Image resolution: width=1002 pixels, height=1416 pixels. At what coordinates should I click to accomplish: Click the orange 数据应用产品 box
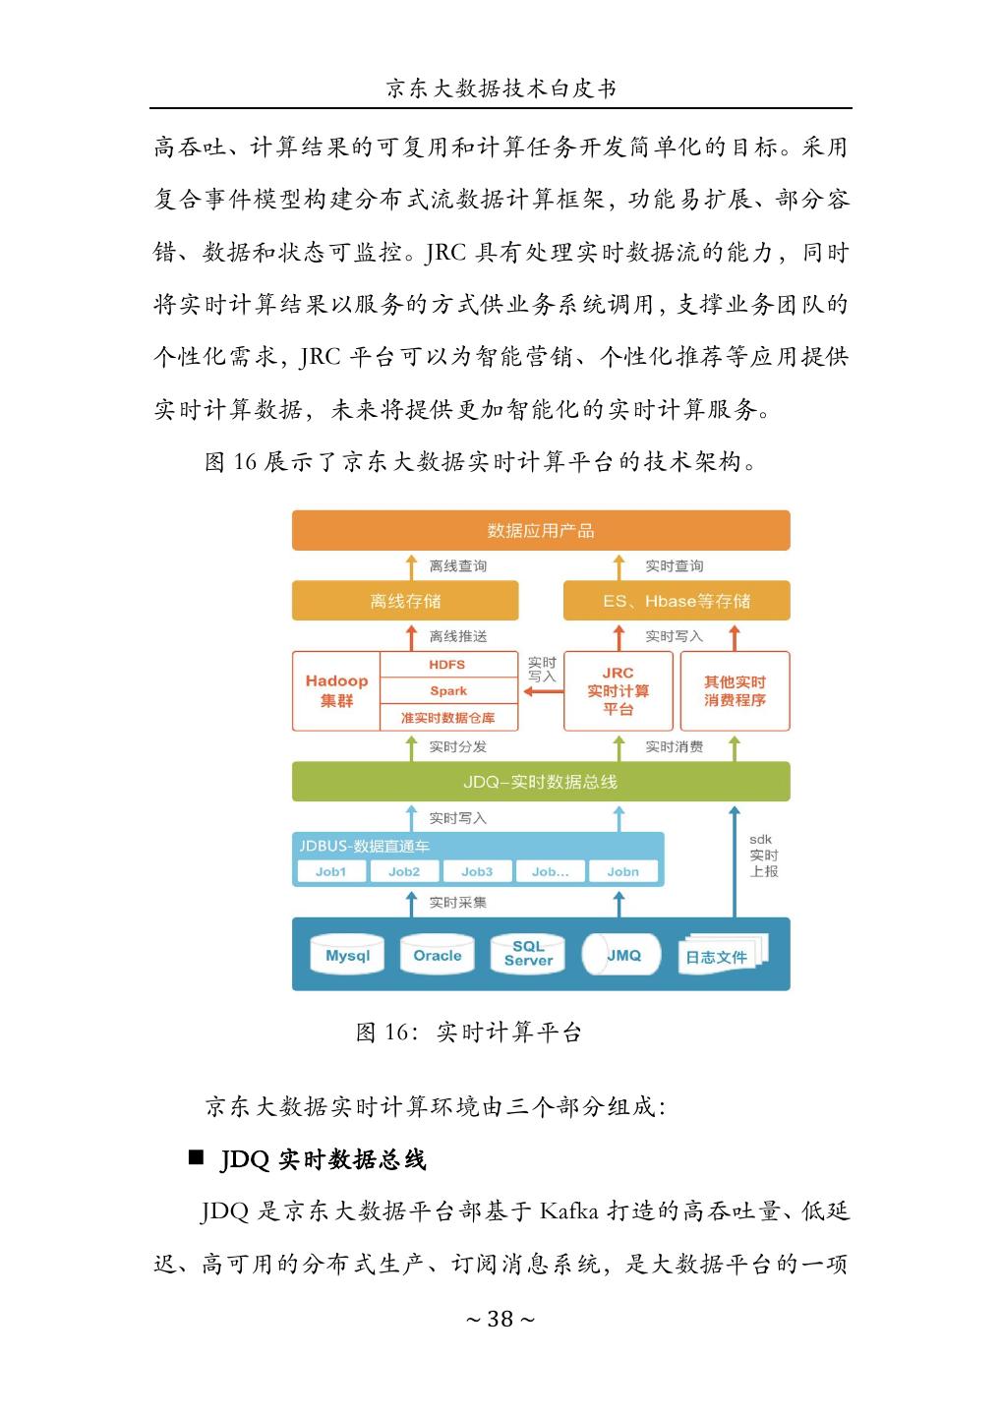(x=541, y=530)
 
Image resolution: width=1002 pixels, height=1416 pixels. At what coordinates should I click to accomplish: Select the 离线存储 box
(x=405, y=601)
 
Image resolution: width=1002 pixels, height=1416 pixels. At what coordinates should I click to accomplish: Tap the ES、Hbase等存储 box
(x=676, y=601)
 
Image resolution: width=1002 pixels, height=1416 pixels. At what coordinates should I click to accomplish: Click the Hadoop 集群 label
(x=336, y=690)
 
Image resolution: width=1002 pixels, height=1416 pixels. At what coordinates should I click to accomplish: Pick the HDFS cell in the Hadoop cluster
(x=447, y=665)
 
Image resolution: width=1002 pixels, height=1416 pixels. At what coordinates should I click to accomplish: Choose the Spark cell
(x=447, y=690)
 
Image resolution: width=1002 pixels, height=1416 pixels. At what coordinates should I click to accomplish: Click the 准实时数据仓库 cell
(x=447, y=717)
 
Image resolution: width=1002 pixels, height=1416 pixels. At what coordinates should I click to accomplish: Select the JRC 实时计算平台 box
(x=618, y=690)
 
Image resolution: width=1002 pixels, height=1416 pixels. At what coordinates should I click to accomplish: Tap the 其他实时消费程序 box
(x=735, y=690)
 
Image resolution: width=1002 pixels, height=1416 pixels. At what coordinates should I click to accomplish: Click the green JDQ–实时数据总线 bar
(x=541, y=782)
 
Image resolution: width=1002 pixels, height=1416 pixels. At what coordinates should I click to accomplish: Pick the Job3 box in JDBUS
(x=477, y=871)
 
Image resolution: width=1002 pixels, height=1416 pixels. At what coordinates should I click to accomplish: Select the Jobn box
(x=622, y=871)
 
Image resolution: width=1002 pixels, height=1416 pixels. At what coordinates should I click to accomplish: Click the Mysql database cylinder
(x=347, y=955)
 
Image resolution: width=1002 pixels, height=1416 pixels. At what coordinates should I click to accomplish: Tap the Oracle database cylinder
(x=438, y=955)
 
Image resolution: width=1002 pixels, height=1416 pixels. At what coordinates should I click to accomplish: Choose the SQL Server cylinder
(x=528, y=954)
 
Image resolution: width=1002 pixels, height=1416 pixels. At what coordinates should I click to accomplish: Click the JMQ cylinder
(x=621, y=955)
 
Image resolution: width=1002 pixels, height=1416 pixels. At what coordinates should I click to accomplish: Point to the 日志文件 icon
(x=718, y=956)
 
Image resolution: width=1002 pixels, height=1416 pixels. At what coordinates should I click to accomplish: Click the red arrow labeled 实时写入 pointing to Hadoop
(x=543, y=691)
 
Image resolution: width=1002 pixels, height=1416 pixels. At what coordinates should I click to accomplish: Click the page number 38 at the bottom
(x=501, y=1319)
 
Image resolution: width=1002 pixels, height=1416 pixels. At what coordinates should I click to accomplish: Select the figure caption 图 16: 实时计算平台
(x=469, y=1032)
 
